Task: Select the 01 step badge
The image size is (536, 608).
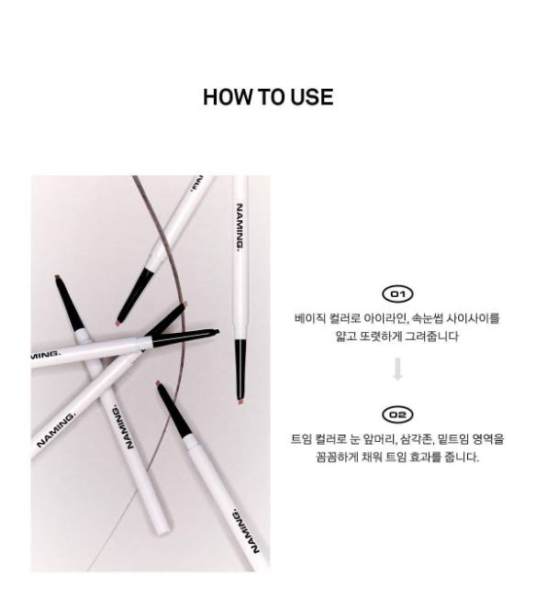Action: [397, 294]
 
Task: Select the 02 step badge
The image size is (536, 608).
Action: [397, 415]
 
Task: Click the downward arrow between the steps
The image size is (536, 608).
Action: [397, 370]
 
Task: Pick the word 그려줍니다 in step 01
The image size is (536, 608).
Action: [431, 337]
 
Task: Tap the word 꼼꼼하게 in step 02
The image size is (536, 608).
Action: [337, 458]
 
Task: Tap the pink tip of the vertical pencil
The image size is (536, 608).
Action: [240, 402]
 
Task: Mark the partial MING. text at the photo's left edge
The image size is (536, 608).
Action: [45, 354]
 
